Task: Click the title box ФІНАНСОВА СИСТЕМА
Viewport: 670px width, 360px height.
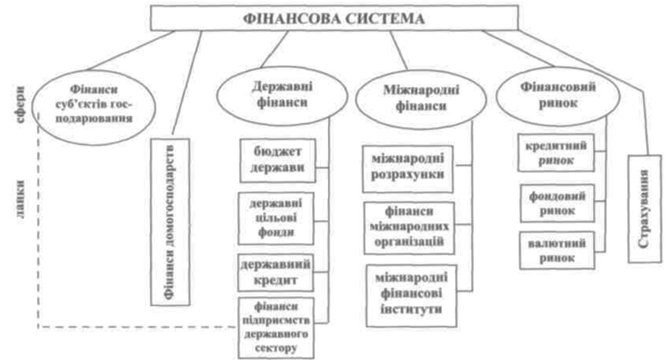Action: click(335, 18)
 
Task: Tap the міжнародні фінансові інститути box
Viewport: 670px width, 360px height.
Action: click(407, 292)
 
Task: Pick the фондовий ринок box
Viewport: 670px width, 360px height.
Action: click(558, 203)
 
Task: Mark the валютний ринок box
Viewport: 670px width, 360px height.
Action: click(558, 250)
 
